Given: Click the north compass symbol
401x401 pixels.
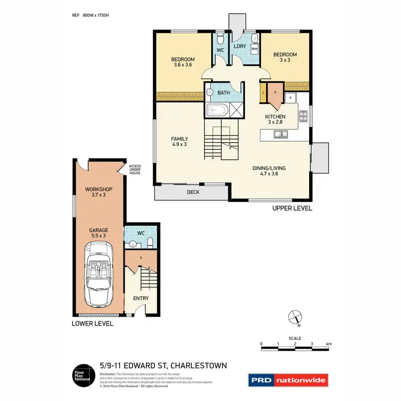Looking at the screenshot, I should [x=294, y=317].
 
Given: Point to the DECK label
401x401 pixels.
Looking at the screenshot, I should [x=193, y=192].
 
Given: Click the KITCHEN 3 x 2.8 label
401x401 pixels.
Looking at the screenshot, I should [x=275, y=119].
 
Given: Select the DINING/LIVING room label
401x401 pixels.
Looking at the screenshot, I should [x=269, y=171].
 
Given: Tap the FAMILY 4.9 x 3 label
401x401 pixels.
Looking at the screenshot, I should [x=179, y=142].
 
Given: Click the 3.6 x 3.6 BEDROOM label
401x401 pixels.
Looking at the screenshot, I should [x=183, y=62].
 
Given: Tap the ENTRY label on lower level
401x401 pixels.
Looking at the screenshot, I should [x=141, y=298].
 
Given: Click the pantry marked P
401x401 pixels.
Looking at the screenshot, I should [x=275, y=92].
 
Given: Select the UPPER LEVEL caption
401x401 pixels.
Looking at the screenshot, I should [x=292, y=209].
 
